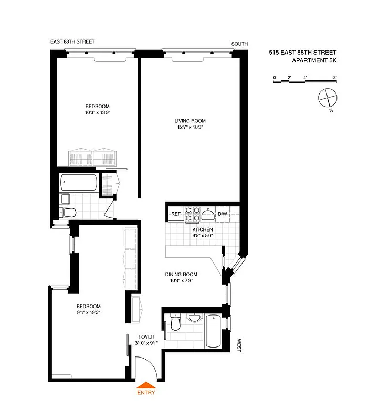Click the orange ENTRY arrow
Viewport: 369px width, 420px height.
click(x=145, y=384)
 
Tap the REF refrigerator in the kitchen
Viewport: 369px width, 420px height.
click(x=176, y=214)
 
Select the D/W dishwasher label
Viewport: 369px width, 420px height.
click(x=223, y=214)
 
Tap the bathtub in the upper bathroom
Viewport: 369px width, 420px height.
click(x=79, y=183)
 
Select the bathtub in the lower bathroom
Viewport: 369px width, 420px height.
click(x=213, y=331)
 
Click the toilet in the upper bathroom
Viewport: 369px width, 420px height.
click(x=68, y=212)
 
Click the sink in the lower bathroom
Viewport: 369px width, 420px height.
click(x=194, y=318)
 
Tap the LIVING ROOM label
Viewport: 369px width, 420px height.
click(x=190, y=121)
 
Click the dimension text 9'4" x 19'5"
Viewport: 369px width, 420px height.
click(x=89, y=313)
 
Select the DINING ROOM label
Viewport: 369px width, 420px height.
click(x=181, y=275)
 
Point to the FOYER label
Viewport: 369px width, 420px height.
click(x=146, y=337)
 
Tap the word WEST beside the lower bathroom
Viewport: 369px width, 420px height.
click(x=239, y=345)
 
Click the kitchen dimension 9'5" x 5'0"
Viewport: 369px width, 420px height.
click(x=202, y=236)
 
